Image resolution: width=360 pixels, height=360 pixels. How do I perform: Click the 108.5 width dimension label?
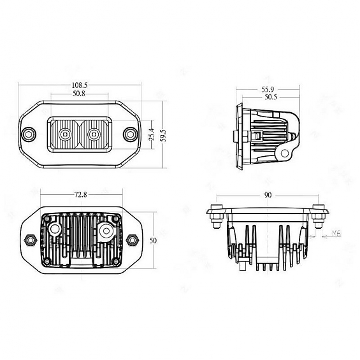pyautogui.click(x=80, y=84)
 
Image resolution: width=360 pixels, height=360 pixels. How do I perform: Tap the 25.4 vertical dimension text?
pyautogui.click(x=152, y=135)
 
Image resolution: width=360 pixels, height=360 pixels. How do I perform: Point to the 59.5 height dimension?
pyautogui.click(x=164, y=135)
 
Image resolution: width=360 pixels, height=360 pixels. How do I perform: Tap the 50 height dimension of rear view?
pyautogui.click(x=153, y=240)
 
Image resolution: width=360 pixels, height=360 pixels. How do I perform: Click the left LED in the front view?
pyautogui.click(x=66, y=134)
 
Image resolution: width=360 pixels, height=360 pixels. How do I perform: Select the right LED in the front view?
pyautogui.click(x=94, y=134)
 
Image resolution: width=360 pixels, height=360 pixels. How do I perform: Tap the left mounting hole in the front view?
pyautogui.click(x=29, y=134)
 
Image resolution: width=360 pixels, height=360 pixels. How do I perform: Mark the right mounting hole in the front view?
pyautogui.click(x=131, y=134)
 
